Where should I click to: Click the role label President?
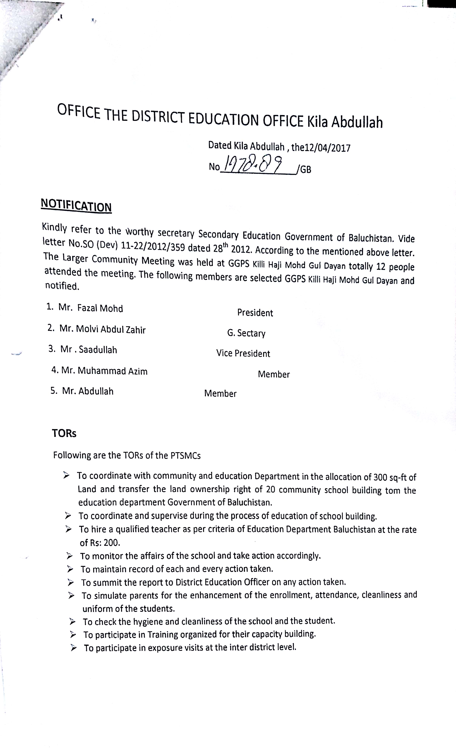255,313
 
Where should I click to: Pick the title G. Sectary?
246,333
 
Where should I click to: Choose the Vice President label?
243,353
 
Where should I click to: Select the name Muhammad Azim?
112,371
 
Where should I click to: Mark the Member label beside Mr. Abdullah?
220,394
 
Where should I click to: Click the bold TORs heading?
64,434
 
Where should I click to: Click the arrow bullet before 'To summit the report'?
71,582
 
